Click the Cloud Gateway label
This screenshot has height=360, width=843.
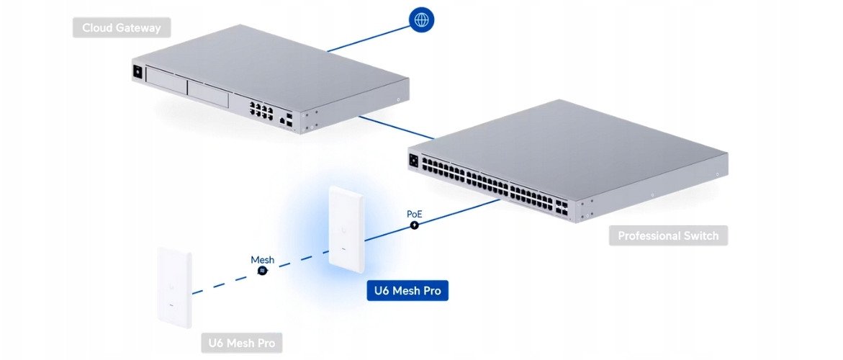click(x=122, y=29)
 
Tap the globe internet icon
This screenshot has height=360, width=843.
click(x=420, y=19)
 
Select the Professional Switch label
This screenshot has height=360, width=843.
click(x=668, y=235)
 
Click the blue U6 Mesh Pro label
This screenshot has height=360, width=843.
click(x=407, y=291)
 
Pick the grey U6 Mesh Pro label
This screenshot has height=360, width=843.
click(x=241, y=343)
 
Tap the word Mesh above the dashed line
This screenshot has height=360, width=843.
click(x=262, y=259)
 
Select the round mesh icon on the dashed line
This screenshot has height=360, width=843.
click(x=263, y=271)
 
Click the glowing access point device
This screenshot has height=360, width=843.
click(x=346, y=229)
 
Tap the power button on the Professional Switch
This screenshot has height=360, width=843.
click(x=413, y=160)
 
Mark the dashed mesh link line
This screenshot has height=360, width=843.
click(x=223, y=281)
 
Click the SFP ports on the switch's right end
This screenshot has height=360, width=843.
click(x=564, y=210)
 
